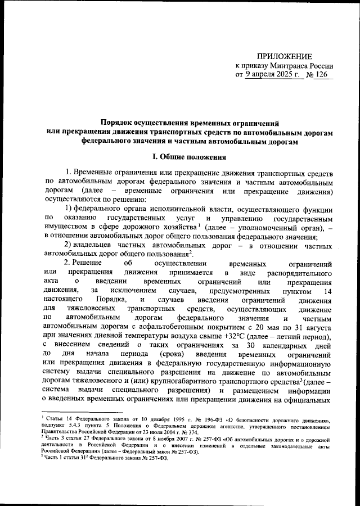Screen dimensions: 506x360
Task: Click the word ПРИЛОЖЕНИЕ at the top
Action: pos(284,56)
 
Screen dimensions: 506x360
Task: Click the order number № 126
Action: pos(319,74)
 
